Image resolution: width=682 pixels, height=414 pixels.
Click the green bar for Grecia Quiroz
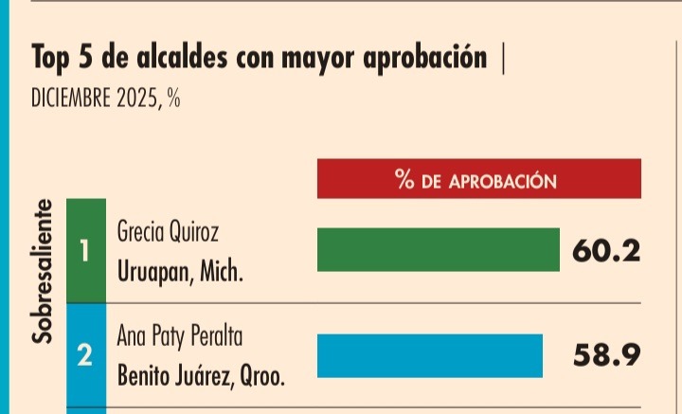(437, 250)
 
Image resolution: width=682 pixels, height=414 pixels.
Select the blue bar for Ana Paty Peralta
(428, 354)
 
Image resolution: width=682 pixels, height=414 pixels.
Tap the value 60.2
(607, 252)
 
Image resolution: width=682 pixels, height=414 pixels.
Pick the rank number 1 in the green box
(86, 251)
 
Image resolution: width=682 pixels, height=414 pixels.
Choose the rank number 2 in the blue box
(86, 356)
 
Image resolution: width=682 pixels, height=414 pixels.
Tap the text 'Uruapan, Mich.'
(180, 272)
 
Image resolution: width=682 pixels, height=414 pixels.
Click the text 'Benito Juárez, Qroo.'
(201, 376)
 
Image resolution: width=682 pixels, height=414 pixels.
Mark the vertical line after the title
(502, 59)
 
